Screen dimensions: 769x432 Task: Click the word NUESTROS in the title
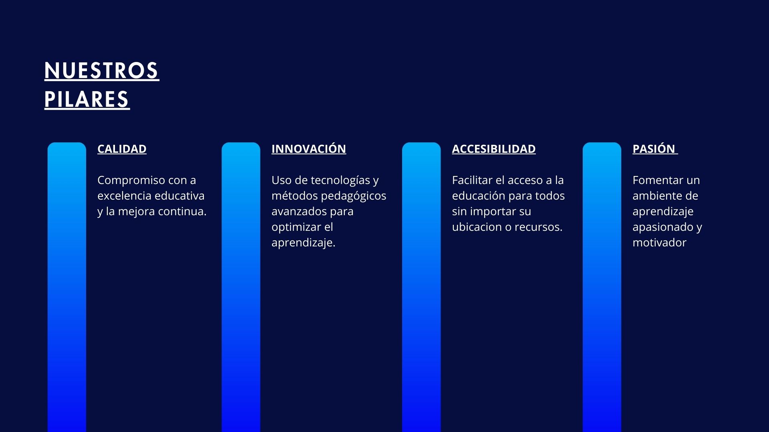102,71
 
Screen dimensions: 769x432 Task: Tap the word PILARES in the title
87,100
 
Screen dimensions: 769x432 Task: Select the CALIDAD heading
122,149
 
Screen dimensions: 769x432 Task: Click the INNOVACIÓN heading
309,148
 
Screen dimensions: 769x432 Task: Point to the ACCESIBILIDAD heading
494,149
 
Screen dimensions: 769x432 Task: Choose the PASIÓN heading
654,148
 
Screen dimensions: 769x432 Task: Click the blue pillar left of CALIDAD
67,287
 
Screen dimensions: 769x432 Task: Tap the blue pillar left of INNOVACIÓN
241,287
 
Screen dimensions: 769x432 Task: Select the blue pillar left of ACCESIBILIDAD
421,287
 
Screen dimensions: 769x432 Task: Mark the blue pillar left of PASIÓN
602,287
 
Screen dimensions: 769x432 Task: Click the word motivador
660,242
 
